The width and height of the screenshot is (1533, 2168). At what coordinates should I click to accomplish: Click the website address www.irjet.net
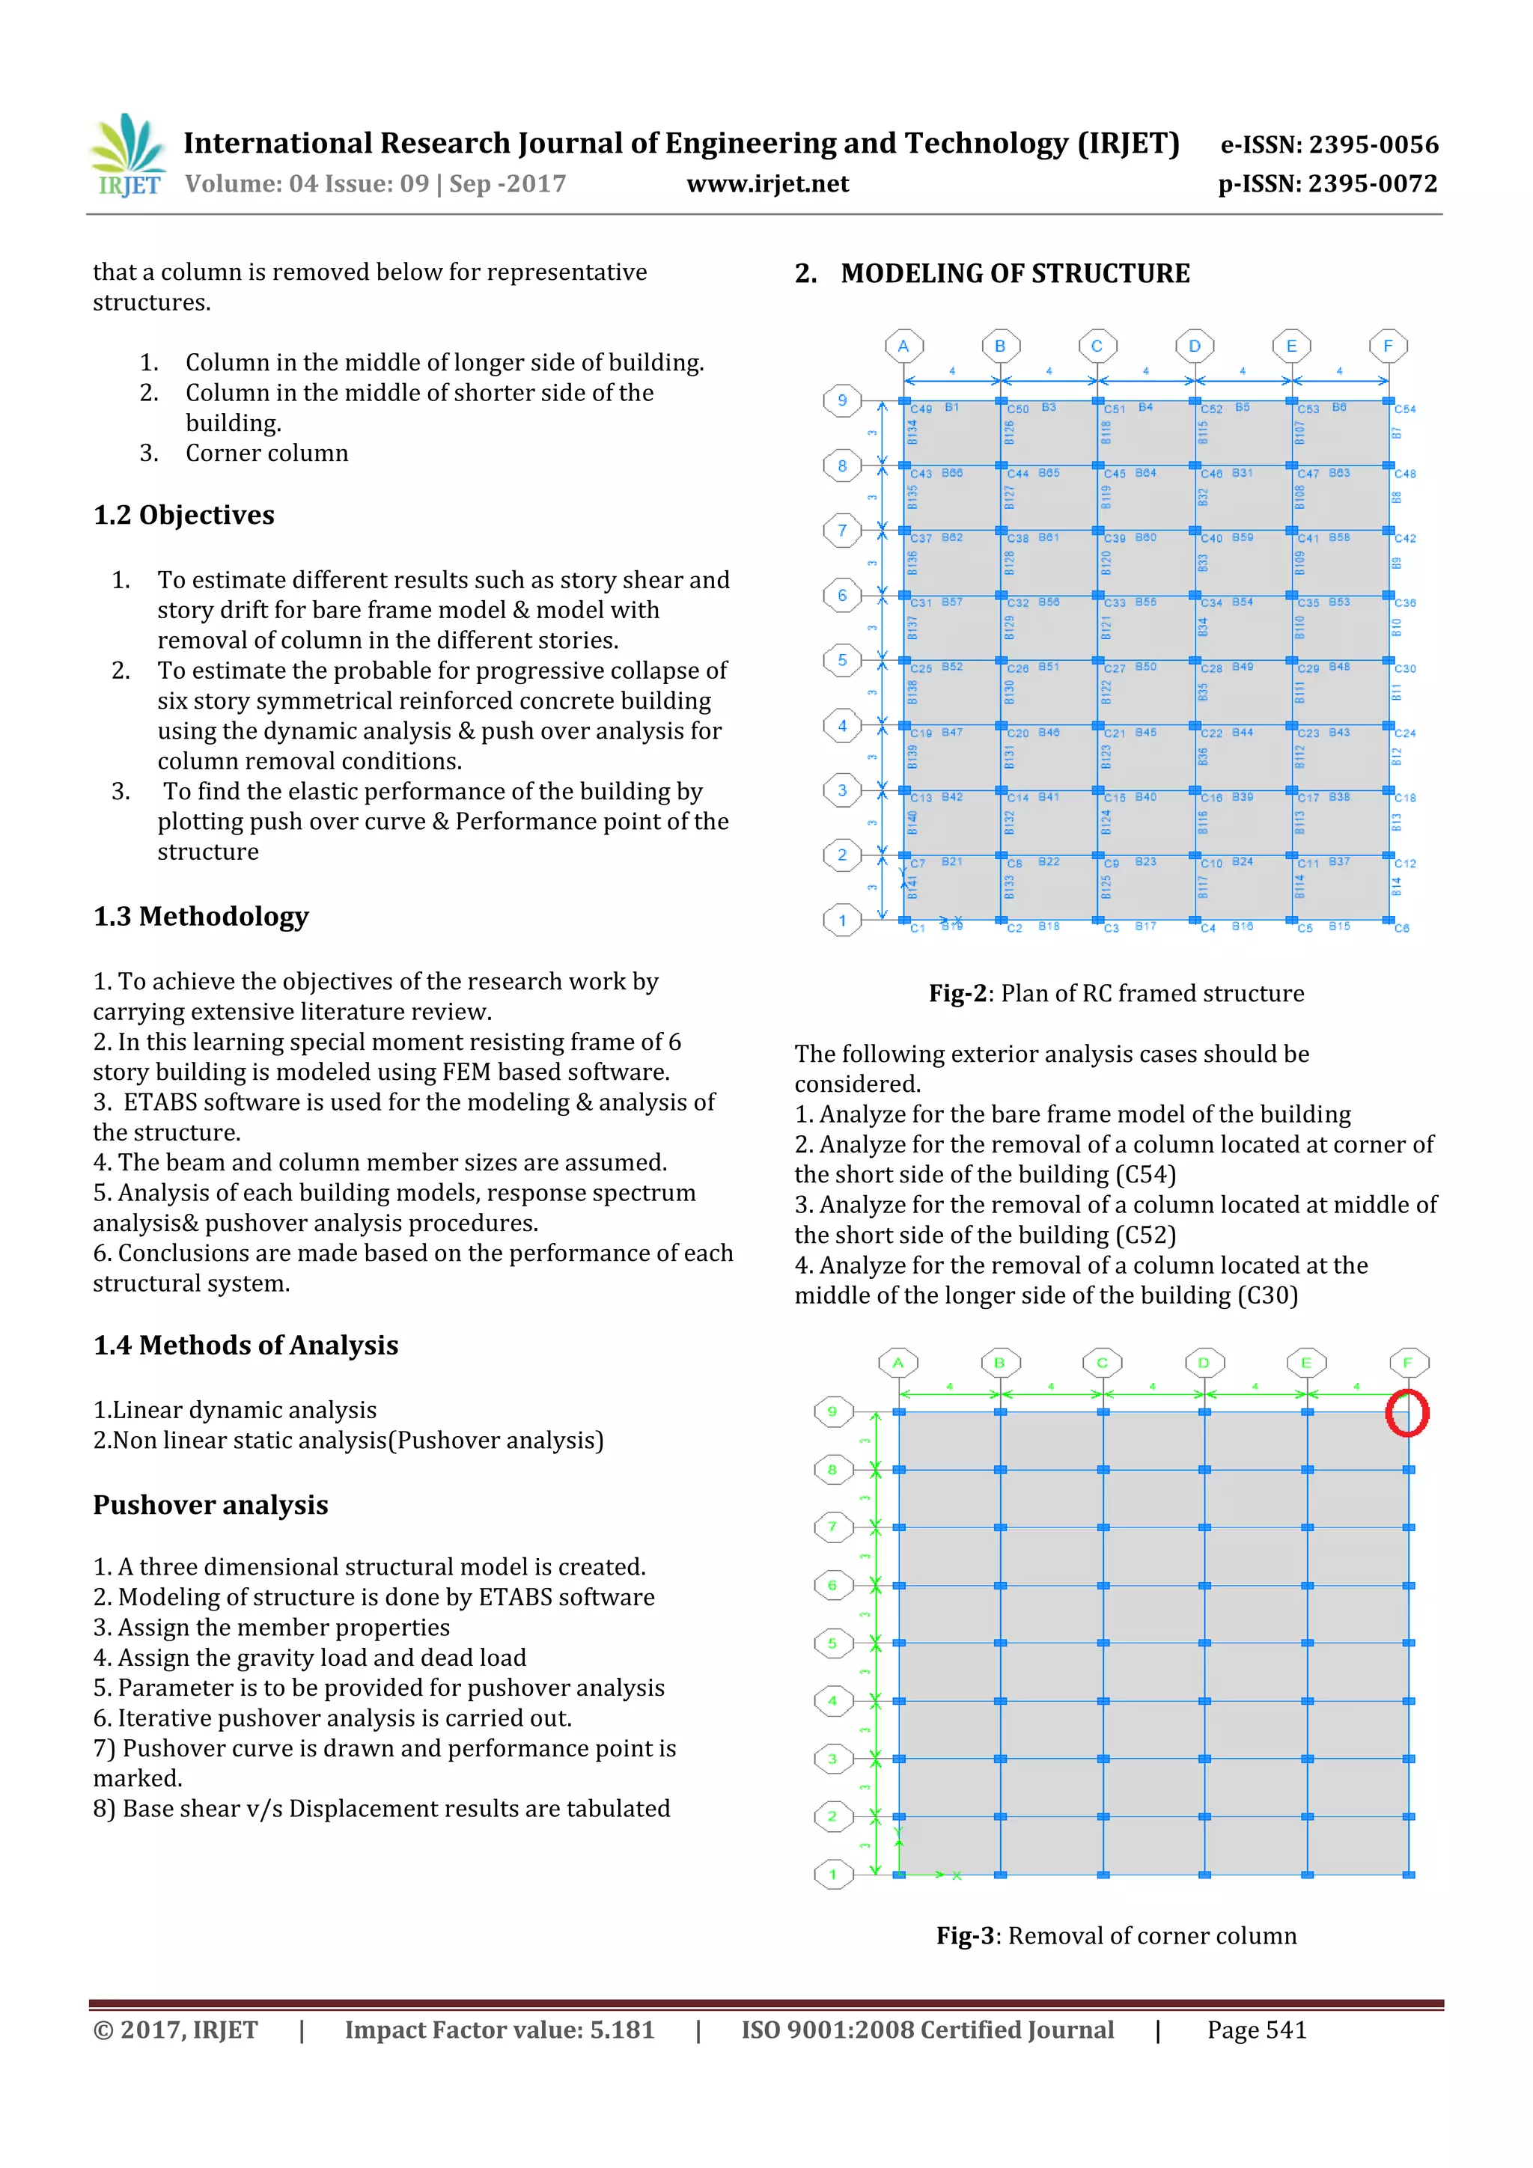[x=767, y=184]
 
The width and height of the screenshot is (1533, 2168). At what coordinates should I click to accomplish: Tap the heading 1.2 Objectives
[x=183, y=516]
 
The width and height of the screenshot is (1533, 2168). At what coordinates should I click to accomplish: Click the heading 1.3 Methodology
[x=201, y=917]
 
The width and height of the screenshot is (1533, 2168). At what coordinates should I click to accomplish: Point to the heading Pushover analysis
[x=210, y=1505]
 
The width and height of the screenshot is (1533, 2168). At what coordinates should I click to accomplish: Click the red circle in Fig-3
[x=1406, y=1414]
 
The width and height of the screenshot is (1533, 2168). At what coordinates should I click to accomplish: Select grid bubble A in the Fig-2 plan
[x=903, y=346]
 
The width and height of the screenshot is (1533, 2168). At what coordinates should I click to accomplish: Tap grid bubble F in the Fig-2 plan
[x=1388, y=346]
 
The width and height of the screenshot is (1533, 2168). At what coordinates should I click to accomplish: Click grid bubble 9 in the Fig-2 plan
[x=841, y=400]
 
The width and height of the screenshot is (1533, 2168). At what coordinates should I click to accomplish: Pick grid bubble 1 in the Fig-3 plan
[x=832, y=1875]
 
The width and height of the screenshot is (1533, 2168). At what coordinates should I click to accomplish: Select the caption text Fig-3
[x=964, y=1936]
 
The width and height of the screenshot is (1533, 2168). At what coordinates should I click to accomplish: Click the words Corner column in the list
[x=266, y=454]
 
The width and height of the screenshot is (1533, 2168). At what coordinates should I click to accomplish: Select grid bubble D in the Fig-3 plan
[x=1204, y=1363]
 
